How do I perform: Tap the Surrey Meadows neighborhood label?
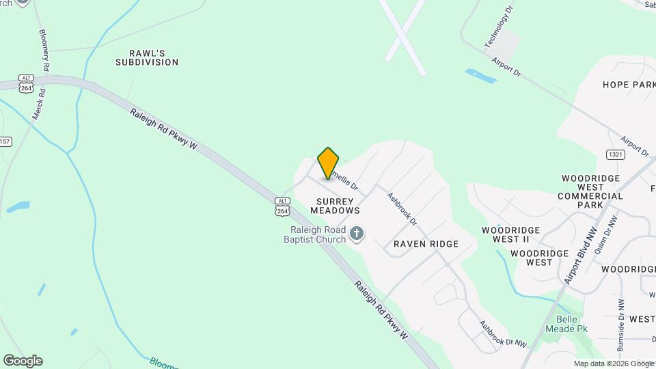click(x=335, y=206)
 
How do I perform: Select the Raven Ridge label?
click(x=426, y=244)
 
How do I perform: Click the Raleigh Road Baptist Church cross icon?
click(x=356, y=235)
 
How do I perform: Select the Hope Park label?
click(x=629, y=85)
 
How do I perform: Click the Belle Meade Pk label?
click(x=562, y=324)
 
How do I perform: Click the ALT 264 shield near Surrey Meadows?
click(x=282, y=206)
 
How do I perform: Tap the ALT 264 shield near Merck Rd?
click(x=27, y=83)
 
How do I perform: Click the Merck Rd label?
click(x=39, y=103)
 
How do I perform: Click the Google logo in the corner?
click(x=23, y=361)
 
